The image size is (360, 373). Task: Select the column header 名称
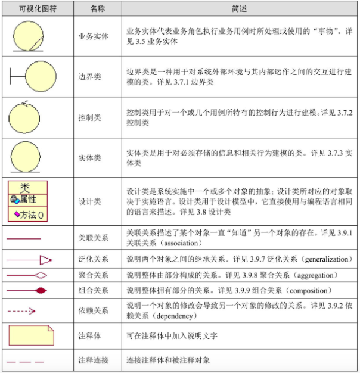(x=97, y=9)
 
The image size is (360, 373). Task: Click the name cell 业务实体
(x=94, y=36)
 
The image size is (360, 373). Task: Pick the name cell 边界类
(x=90, y=77)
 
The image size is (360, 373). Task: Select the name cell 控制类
(x=90, y=117)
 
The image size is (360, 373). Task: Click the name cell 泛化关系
(x=94, y=259)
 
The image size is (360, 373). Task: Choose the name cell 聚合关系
(x=94, y=275)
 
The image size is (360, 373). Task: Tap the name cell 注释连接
(x=94, y=360)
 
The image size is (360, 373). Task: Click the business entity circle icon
(x=28, y=36)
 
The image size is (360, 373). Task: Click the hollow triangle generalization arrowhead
(x=45, y=260)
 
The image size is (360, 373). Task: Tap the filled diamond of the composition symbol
(x=40, y=290)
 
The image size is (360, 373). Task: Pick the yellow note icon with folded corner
(x=31, y=335)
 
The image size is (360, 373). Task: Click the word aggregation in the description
(x=318, y=275)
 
